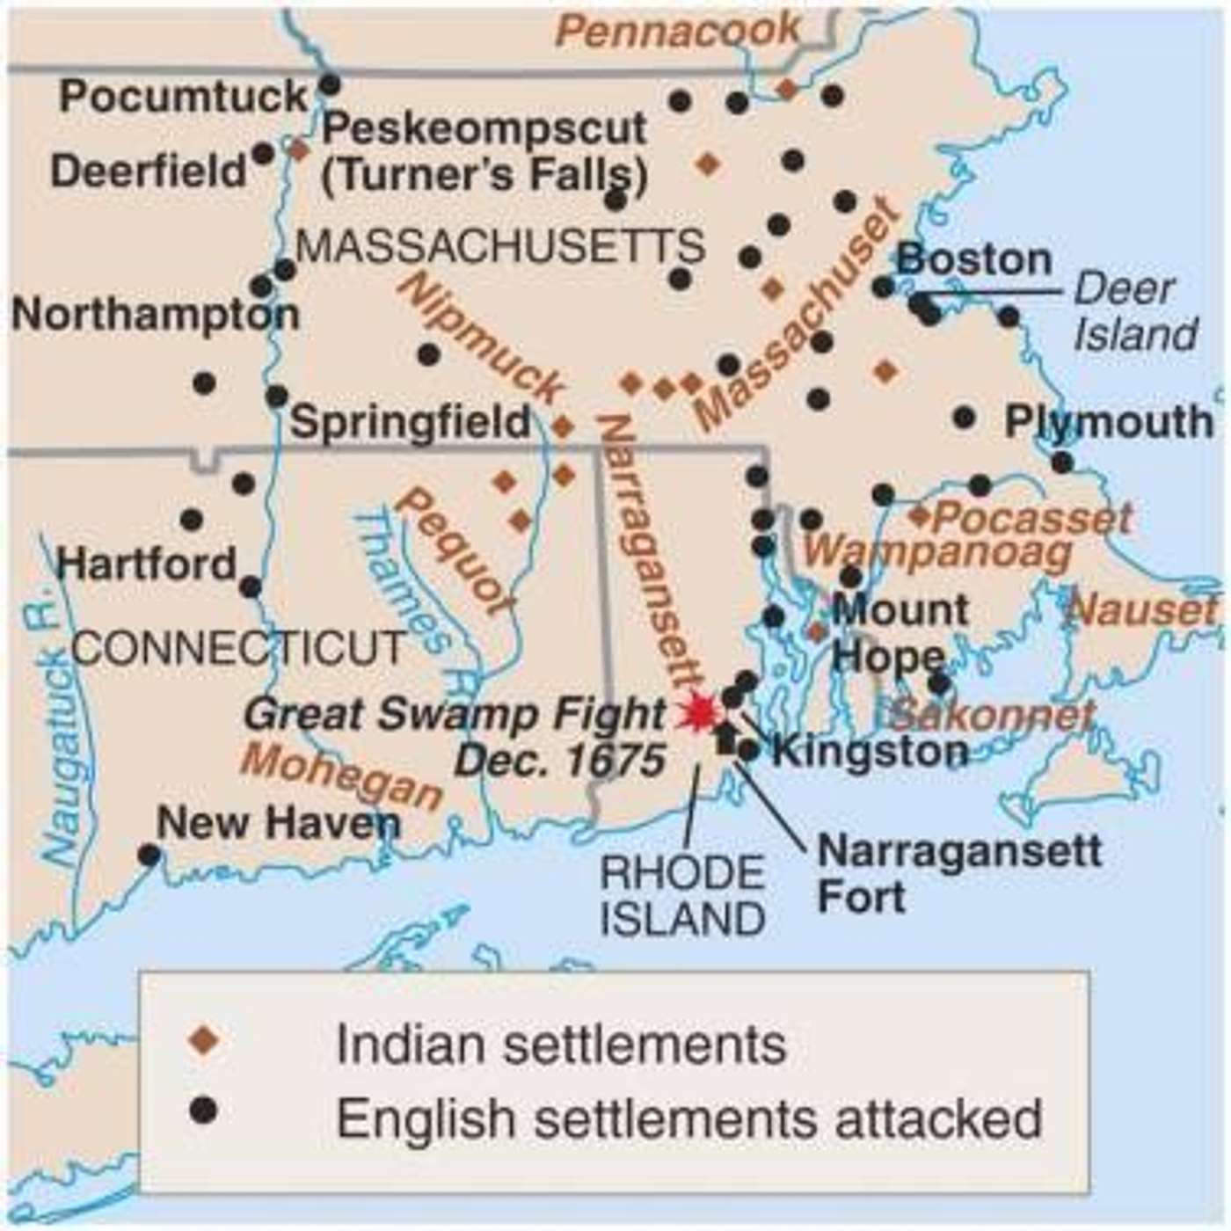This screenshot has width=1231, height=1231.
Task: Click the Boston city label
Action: [x=974, y=260]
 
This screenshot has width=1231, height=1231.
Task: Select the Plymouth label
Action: [x=1109, y=422]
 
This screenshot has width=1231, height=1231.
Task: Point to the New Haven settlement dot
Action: [x=149, y=854]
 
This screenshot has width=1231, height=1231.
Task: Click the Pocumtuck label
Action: [x=184, y=96]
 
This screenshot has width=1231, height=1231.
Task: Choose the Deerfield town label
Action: [x=149, y=171]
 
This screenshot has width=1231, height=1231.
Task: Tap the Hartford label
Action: [x=146, y=564]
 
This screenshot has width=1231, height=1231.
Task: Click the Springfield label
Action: [x=411, y=422]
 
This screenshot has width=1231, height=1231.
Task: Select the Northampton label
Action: [x=155, y=315]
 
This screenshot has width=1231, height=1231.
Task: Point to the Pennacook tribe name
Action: [x=678, y=33]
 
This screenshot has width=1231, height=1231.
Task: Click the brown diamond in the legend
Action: [x=204, y=1042]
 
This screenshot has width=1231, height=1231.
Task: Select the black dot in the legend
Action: [x=204, y=1111]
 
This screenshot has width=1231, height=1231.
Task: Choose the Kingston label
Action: [x=870, y=751]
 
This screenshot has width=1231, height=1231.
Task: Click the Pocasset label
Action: [x=1031, y=517]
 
